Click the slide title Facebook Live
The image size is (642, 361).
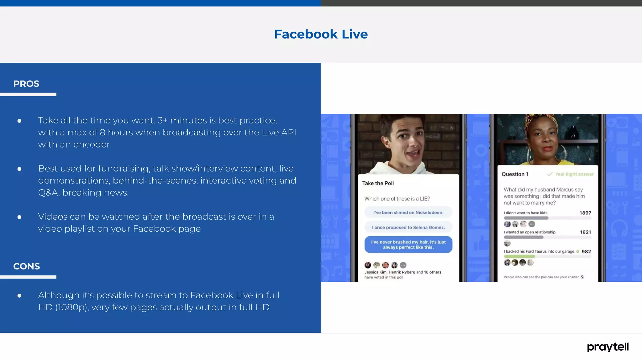click(321, 34)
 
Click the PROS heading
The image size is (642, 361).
click(26, 84)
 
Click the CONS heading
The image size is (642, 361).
click(27, 266)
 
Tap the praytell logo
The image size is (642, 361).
click(608, 347)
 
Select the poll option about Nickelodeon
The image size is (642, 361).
click(408, 212)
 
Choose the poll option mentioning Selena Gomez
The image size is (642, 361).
click(408, 228)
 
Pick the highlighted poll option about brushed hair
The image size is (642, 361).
click(408, 244)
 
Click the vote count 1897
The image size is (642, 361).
click(585, 213)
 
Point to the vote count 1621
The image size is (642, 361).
click(585, 232)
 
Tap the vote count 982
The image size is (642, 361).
click(586, 252)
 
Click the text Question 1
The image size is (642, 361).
click(515, 174)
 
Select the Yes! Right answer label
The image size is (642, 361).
click(574, 174)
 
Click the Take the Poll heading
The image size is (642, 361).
click(378, 183)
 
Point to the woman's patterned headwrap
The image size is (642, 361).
click(542, 121)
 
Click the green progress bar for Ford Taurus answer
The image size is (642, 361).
click(519, 256)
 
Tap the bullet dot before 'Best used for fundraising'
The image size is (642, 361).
click(19, 169)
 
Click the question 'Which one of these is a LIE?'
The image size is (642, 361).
click(397, 199)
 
